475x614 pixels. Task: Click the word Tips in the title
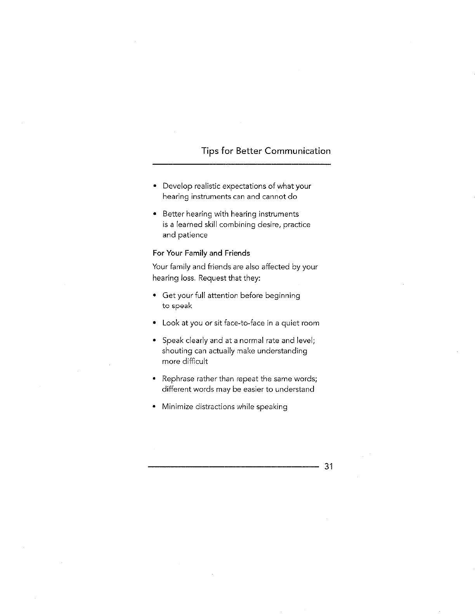(210, 151)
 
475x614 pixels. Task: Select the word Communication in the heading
(298, 151)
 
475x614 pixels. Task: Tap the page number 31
(329, 466)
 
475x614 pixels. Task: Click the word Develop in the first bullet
(177, 186)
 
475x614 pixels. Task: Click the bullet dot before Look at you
(154, 323)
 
